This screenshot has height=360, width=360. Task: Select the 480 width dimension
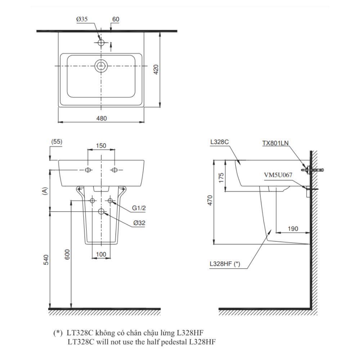101,118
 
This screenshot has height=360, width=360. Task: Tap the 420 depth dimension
156,69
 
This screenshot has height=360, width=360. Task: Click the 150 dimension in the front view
101,145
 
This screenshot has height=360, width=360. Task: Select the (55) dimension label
57,142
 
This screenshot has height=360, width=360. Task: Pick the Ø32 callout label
139,223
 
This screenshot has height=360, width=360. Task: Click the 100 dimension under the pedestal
101,254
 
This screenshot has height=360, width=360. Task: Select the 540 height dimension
45,260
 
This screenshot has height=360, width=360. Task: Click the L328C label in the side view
220,142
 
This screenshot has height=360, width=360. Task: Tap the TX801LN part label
275,143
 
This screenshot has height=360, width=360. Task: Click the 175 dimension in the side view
221,177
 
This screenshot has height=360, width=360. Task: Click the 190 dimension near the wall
293,229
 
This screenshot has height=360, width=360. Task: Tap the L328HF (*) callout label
225,264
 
